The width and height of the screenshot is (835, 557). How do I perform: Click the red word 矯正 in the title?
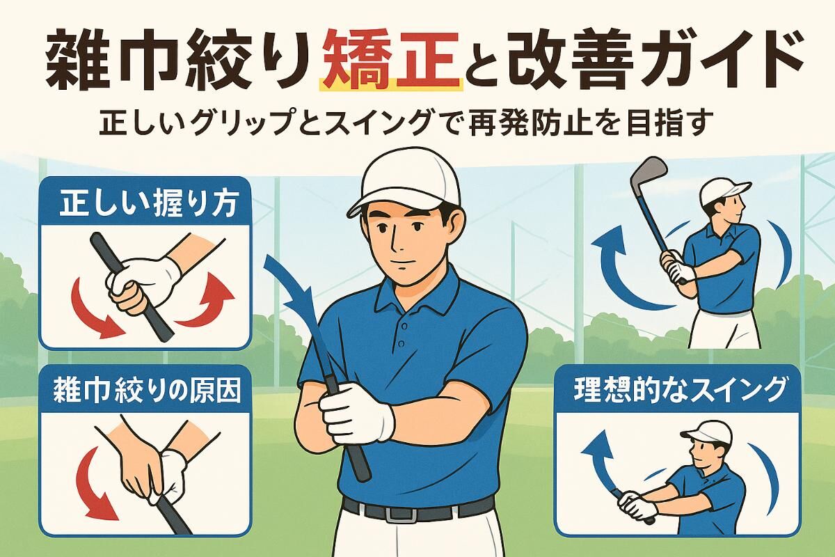391,62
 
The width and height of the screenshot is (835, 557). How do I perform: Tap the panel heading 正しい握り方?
149,205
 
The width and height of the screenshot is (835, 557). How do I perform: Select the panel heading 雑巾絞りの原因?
148,391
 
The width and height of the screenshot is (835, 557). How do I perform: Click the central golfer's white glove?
357,412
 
